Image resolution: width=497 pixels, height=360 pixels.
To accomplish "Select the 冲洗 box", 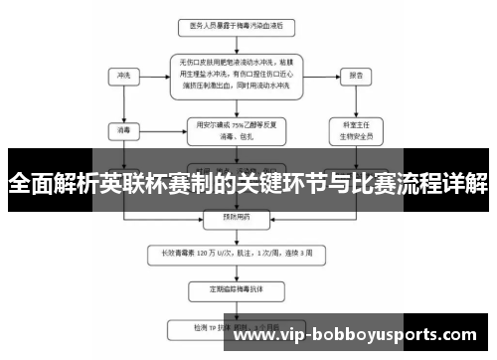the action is click(123, 75).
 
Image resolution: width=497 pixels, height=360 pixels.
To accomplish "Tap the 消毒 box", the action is click(123, 128).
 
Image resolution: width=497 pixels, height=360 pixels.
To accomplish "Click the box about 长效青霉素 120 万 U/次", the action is click(237, 253).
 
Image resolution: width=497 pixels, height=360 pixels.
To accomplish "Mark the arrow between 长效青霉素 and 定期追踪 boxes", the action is click(237, 271).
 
